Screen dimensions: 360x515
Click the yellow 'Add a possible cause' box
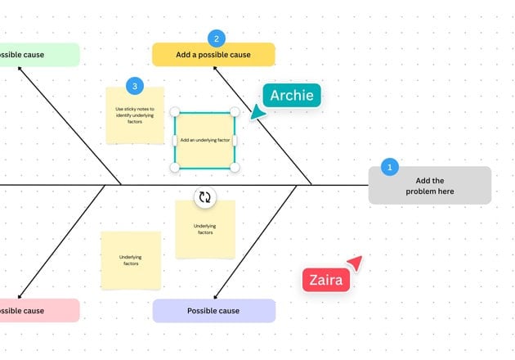pyautogui.click(x=213, y=56)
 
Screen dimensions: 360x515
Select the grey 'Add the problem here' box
pyautogui.click(x=429, y=187)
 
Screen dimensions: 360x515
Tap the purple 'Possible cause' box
pyautogui.click(x=213, y=311)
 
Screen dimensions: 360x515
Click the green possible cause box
pyautogui.click(x=37, y=55)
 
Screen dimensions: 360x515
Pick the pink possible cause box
pyautogui.click(x=37, y=311)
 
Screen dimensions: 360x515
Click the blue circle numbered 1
pyautogui.click(x=390, y=167)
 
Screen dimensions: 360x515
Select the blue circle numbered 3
pyautogui.click(x=135, y=85)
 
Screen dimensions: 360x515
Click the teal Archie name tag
pyautogui.click(x=293, y=95)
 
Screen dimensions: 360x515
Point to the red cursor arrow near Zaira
pyautogui.click(x=355, y=262)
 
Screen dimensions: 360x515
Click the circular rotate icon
pyautogui.click(x=205, y=197)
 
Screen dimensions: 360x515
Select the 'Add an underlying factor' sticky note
pyautogui.click(x=205, y=140)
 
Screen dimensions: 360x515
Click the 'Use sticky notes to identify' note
pyautogui.click(x=135, y=115)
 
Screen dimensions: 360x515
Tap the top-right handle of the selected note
pyautogui.click(x=235, y=111)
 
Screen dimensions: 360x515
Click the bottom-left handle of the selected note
pyautogui.click(x=174, y=168)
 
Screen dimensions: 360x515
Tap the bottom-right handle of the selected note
pyautogui.click(x=235, y=168)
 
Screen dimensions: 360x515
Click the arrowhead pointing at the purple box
pyautogui.click(x=215, y=296)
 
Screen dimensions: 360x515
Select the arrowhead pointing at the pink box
pyautogui.click(x=20, y=296)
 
